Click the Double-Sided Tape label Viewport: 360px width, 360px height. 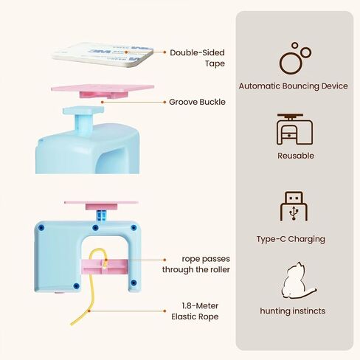[x=197, y=58]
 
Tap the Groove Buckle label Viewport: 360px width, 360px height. [x=197, y=102]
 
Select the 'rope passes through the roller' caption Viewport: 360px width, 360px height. [x=196, y=264]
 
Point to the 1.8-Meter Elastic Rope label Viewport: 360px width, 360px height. [x=195, y=311]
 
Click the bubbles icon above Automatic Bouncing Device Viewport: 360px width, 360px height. [x=295, y=58]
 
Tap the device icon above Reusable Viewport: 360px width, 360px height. [x=295, y=129]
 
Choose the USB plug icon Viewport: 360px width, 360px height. [x=294, y=206]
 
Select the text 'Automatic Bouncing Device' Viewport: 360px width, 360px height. [x=293, y=86]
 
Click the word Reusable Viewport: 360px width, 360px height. [x=296, y=156]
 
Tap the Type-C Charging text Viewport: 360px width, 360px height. [x=291, y=239]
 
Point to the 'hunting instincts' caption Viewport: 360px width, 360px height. [x=293, y=311]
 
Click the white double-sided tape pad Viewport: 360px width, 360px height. [x=103, y=55]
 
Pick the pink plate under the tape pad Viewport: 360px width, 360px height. [x=103, y=91]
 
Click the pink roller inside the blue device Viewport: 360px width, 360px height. [x=105, y=267]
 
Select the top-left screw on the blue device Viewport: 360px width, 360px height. [x=41, y=227]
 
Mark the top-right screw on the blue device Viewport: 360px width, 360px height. [x=134, y=227]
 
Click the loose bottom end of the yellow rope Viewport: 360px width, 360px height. [x=72, y=325]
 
